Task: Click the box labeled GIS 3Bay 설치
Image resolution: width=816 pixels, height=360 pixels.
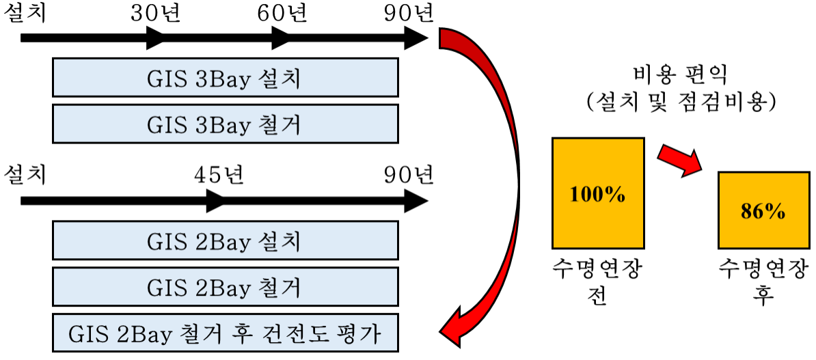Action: click(x=225, y=77)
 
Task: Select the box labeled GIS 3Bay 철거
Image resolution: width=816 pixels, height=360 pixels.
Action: click(x=225, y=124)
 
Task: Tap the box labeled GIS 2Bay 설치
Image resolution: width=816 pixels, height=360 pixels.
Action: click(x=225, y=240)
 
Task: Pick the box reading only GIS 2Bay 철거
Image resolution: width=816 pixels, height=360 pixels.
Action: click(x=225, y=287)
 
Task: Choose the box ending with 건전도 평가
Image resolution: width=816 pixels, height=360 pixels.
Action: click(x=225, y=333)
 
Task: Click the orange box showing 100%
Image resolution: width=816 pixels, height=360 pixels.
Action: click(x=598, y=193)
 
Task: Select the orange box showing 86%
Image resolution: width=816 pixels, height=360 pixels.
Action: click(x=763, y=210)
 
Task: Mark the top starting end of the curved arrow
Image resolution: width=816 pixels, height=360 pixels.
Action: click(x=444, y=38)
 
